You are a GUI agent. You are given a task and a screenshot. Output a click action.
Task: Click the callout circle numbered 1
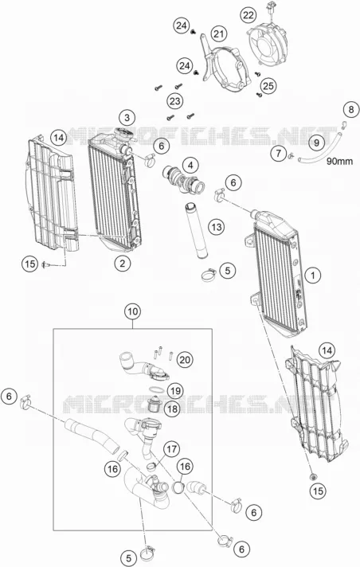(313, 276)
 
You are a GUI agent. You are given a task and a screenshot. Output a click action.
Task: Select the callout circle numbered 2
(123, 264)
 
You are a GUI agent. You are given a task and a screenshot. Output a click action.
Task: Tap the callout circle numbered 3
(127, 118)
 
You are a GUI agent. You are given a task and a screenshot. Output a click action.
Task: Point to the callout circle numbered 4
(190, 166)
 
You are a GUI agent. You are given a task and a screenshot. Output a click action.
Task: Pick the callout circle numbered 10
(133, 311)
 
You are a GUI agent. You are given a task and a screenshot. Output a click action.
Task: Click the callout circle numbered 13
(217, 227)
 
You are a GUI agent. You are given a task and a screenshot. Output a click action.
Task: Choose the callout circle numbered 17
(171, 449)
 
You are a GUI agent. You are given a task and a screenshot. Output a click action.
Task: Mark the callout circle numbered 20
(185, 360)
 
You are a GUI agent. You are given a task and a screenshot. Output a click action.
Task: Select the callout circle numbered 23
(174, 101)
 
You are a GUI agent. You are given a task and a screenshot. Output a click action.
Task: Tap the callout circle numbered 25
(268, 86)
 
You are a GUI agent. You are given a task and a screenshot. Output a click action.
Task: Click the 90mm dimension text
(339, 162)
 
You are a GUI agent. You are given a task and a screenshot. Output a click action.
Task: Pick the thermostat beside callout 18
(155, 405)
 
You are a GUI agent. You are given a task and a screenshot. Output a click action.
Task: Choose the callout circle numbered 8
(351, 109)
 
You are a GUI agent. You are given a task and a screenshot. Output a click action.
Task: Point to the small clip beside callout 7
(291, 156)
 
